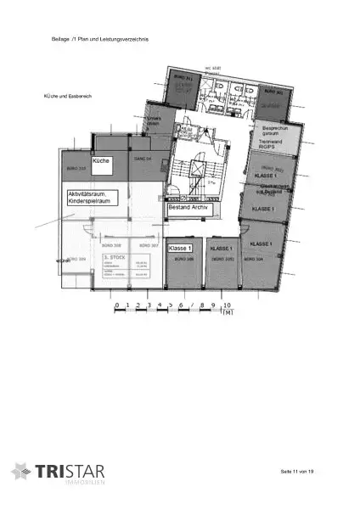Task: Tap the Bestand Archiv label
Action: (x=188, y=206)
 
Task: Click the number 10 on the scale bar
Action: (x=227, y=303)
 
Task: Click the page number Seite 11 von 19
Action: (x=297, y=470)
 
